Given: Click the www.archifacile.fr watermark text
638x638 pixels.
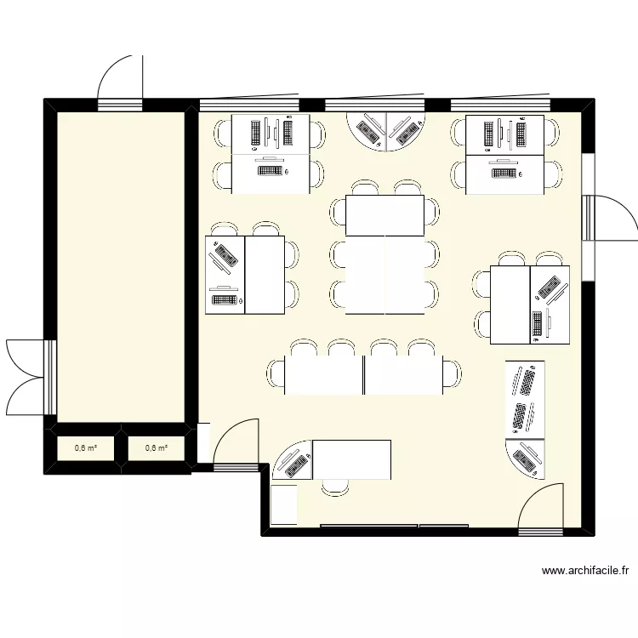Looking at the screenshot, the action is point(585,571).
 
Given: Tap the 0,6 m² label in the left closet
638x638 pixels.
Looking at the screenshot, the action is point(86,448).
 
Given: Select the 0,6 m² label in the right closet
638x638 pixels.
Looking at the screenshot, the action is point(157,448).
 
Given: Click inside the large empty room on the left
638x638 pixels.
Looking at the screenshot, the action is point(121,266).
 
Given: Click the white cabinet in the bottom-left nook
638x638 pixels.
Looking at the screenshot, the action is point(284,504).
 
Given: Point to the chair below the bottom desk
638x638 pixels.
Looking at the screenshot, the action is point(335,487).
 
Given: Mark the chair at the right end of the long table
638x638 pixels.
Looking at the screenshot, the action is point(453,374).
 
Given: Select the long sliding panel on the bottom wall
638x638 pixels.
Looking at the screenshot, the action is point(369,526).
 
